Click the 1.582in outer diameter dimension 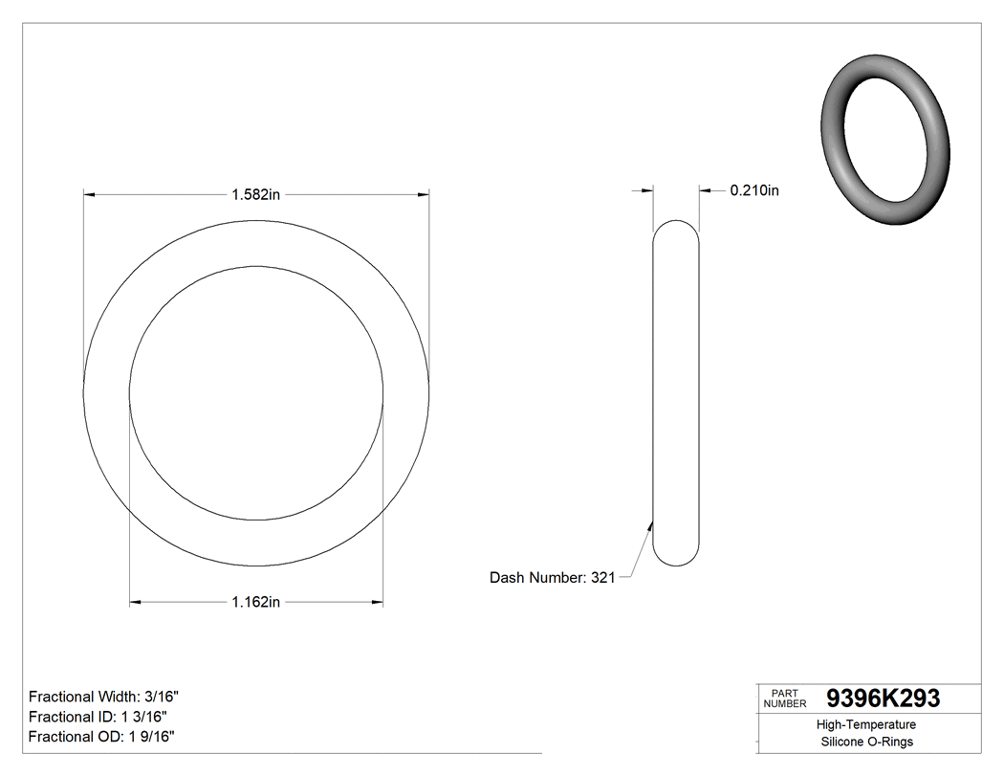point(255,195)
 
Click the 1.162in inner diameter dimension point(255,602)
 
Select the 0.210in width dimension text point(754,190)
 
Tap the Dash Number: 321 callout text point(552,577)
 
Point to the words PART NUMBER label point(785,698)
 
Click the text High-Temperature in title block point(866,724)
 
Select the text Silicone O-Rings point(866,742)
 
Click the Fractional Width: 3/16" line point(104,697)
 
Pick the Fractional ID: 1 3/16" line point(98,716)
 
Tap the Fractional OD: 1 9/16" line point(101,736)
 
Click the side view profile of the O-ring point(676,392)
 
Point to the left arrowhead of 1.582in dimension point(89,195)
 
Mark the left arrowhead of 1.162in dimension point(135,602)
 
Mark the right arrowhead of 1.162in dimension point(378,602)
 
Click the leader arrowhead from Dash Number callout point(651,524)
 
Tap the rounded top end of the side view point(676,226)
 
